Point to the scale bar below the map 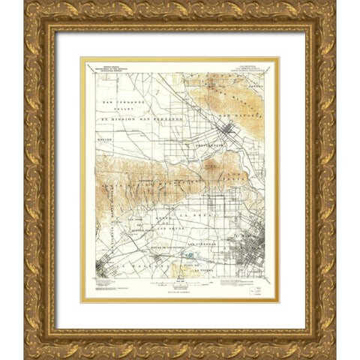point(178,282)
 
